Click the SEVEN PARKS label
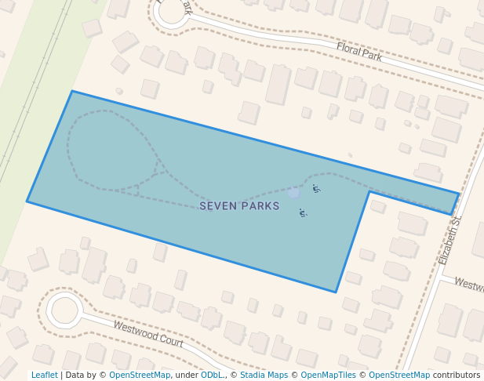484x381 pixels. [x=239, y=206]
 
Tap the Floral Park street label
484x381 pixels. [x=358, y=52]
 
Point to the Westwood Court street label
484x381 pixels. [x=148, y=333]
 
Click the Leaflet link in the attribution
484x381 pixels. [x=45, y=376]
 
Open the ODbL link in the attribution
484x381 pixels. [x=212, y=376]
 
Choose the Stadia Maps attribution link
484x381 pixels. [x=264, y=376]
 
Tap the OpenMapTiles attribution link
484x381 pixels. [x=328, y=376]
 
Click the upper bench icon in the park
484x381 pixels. [x=316, y=188]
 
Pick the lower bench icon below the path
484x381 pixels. [x=303, y=212]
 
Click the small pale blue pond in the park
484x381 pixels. [x=293, y=192]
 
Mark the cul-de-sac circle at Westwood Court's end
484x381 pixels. [x=64, y=310]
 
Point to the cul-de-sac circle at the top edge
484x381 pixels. [x=171, y=11]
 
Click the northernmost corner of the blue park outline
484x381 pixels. [x=72, y=91]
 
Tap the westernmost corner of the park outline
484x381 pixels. [x=27, y=201]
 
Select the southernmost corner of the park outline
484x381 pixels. [x=337, y=292]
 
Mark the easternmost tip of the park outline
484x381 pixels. [x=459, y=194]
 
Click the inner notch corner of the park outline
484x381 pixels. [x=369, y=191]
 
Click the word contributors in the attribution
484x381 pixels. [x=457, y=376]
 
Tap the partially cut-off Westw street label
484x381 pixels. [x=468, y=284]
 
